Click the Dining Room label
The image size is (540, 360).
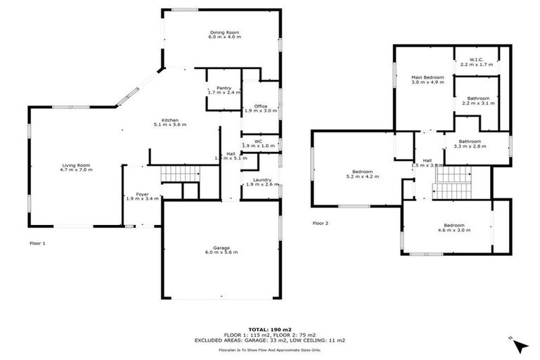pos(224,32)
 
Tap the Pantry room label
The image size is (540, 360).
pos(224,88)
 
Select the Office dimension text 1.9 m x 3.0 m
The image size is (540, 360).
pos(260,111)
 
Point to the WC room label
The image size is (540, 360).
pos(259,141)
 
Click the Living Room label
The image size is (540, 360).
pos(75,166)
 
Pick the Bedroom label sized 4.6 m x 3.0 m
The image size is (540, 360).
pos(455,226)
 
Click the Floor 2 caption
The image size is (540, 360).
pos(321,224)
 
